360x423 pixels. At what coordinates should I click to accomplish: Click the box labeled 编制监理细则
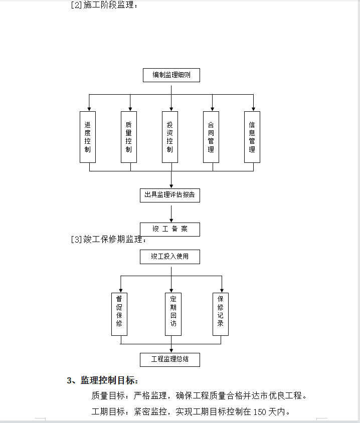(171, 75)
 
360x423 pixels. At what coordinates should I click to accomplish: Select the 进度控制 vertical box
(88, 137)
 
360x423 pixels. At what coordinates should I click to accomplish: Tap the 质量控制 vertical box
(129, 137)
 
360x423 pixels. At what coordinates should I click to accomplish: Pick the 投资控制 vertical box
(170, 137)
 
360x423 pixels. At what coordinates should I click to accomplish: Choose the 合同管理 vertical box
(211, 137)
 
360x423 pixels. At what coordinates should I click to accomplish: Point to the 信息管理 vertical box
(252, 137)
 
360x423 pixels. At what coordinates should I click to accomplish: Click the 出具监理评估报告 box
(170, 195)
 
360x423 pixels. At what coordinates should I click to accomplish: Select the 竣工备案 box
(170, 230)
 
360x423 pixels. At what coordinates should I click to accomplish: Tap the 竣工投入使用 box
(170, 257)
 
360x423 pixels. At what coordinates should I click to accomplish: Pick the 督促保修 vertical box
(119, 314)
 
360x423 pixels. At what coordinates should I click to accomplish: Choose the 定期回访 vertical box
(173, 314)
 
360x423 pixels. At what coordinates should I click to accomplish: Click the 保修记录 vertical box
(221, 314)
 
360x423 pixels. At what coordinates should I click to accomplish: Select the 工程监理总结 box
(170, 360)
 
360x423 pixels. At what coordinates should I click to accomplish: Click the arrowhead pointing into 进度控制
(89, 109)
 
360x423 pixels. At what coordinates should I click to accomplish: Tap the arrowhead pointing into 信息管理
(253, 109)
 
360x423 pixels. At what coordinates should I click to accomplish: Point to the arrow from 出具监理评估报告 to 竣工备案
(171, 214)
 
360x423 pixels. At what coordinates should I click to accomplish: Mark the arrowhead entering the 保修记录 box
(222, 291)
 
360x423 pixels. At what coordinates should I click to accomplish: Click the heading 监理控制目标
(109, 380)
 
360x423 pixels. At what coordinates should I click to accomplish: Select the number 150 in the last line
(260, 412)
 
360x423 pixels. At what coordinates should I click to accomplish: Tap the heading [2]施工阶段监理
(104, 5)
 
